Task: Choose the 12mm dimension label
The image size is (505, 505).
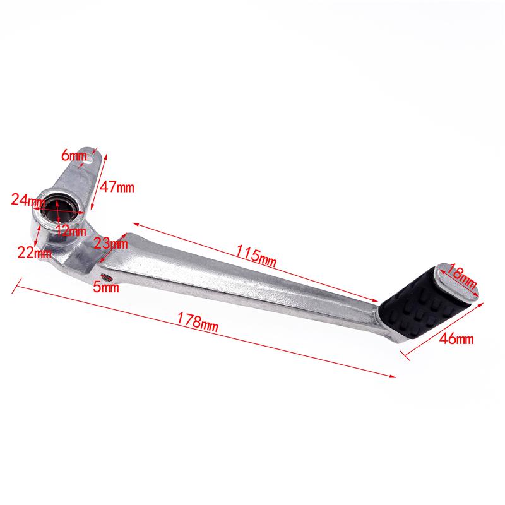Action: [x=70, y=230]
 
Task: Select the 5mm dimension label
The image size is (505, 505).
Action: [x=105, y=288]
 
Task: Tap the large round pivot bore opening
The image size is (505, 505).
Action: [x=58, y=209]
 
